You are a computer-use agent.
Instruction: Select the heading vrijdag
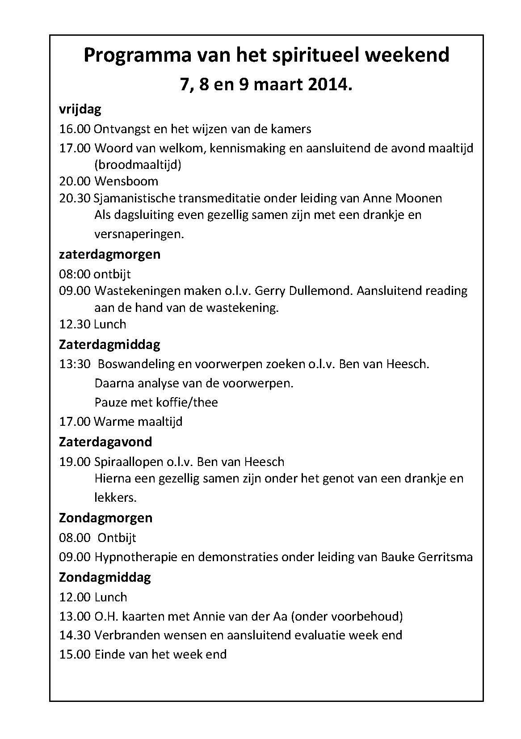(x=80, y=109)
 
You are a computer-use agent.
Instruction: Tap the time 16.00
(x=75, y=129)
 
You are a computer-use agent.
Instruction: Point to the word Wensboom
(x=126, y=181)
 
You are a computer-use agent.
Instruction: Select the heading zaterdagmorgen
(x=109, y=254)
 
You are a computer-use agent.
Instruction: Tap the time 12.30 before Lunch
(x=75, y=324)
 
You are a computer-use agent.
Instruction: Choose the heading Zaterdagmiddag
(x=109, y=344)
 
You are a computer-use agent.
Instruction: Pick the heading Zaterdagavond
(x=105, y=442)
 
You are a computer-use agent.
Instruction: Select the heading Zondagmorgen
(x=106, y=518)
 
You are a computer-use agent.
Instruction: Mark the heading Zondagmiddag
(x=105, y=577)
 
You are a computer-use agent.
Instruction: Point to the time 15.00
(x=75, y=655)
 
